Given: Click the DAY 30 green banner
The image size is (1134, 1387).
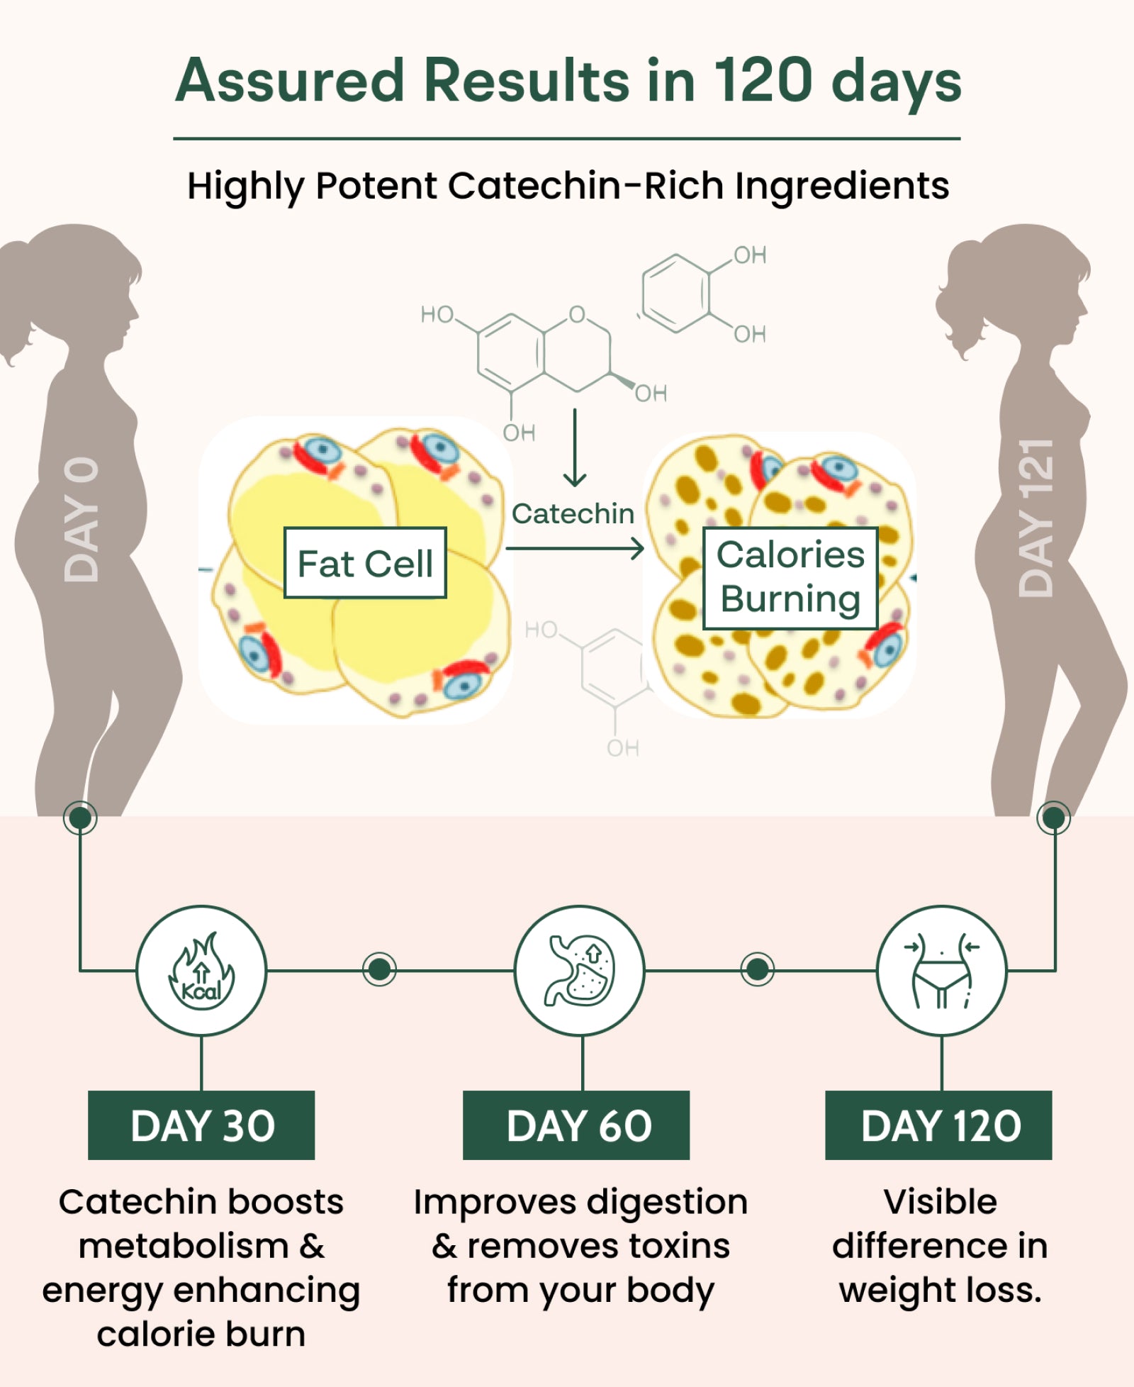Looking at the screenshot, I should (x=201, y=1125).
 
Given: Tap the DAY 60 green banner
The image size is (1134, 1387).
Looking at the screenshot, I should (x=576, y=1125).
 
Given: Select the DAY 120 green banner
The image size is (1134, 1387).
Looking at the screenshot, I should (x=938, y=1125).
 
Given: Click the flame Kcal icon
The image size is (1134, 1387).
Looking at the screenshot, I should (x=201, y=970).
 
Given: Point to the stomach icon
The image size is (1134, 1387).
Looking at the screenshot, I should (x=580, y=970).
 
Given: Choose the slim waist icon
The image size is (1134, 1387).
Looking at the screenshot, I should (x=941, y=970).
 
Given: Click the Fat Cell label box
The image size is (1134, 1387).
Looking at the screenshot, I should (x=365, y=563).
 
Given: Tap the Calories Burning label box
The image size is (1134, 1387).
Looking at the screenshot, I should (x=790, y=578).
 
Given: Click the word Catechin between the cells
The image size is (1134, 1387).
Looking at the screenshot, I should (x=573, y=514).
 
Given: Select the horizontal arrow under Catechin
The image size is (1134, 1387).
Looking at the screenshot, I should (x=574, y=548).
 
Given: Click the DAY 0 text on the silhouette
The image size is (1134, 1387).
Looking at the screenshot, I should (x=81, y=520).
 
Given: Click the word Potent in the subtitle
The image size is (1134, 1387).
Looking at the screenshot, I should (x=376, y=186).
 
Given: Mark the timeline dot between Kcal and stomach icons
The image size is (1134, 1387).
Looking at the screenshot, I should (x=379, y=969).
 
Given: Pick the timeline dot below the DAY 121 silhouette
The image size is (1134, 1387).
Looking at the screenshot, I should (x=1053, y=818).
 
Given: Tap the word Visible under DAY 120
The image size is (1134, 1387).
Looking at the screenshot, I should (x=940, y=1202).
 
